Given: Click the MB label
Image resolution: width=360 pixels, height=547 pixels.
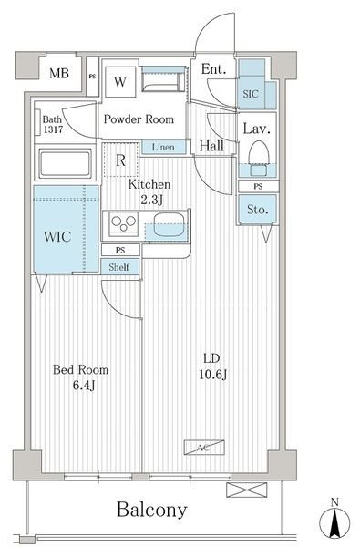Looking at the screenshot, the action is pyautogui.click(x=59, y=73).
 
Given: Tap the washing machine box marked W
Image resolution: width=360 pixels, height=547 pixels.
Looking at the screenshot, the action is pyautogui.click(x=120, y=82).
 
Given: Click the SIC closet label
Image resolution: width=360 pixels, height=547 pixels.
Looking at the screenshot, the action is pyautogui.click(x=251, y=94).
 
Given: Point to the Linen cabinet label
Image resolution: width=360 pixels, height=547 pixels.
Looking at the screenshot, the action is pyautogui.click(x=163, y=147).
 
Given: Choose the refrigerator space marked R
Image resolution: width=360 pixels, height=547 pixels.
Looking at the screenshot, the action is pyautogui.click(x=120, y=160).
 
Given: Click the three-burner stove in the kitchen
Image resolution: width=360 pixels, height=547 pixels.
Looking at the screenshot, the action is pyautogui.click(x=123, y=223).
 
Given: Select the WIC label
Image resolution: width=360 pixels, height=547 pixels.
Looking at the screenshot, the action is pyautogui.click(x=57, y=236).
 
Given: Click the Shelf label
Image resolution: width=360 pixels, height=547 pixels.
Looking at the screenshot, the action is pyautogui.click(x=119, y=267).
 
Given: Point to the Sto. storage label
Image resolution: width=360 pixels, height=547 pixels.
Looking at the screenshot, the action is pyautogui.click(x=257, y=210).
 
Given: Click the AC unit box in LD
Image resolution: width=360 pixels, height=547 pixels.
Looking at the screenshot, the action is pyautogui.click(x=204, y=448).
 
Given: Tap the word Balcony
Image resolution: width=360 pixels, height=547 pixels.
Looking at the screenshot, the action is pyautogui.click(x=151, y=510).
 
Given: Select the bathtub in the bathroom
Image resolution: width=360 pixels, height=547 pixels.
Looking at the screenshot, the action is pyautogui.click(x=66, y=163).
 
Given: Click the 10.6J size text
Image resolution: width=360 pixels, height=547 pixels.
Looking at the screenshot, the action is pyautogui.click(x=213, y=375).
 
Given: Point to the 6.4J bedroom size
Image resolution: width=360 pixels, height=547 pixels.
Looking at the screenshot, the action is pyautogui.click(x=84, y=386).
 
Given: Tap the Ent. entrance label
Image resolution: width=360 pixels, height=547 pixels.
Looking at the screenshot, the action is pyautogui.click(x=213, y=69).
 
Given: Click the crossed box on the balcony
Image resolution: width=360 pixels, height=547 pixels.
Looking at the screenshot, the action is pyautogui.click(x=247, y=490).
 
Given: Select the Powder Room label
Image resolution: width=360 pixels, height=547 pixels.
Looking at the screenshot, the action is pyautogui.click(x=139, y=119).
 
